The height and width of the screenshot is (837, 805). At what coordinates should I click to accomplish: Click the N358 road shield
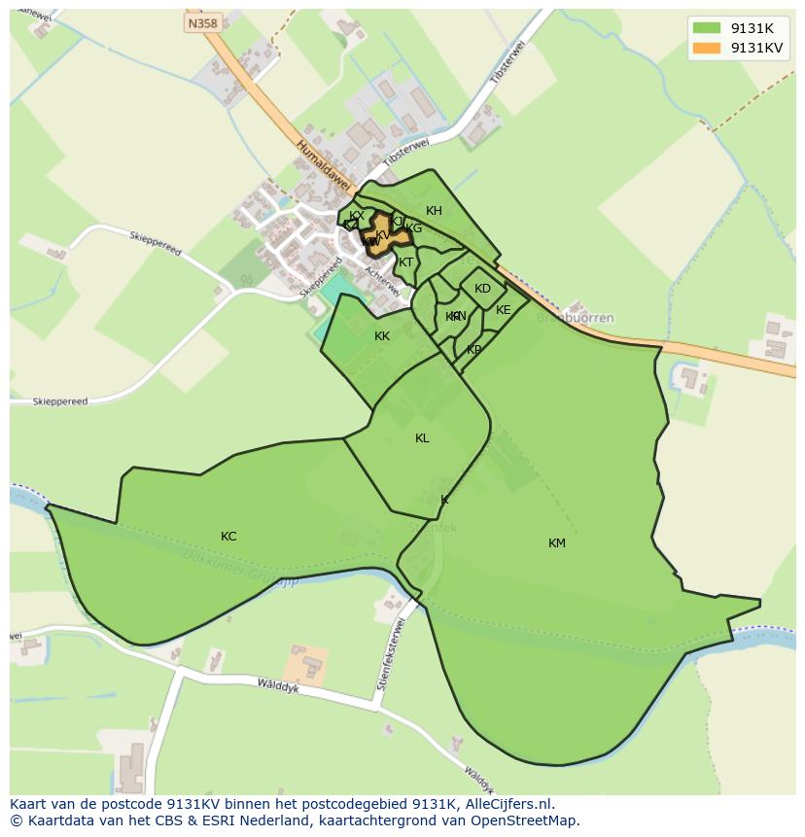coord(202,22)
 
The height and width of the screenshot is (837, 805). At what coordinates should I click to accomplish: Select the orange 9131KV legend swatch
coord(707,49)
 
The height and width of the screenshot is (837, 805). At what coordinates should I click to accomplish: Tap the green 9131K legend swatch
coord(707,29)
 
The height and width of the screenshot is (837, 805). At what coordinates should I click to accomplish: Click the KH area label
coord(434,211)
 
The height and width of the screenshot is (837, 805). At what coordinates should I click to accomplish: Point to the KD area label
coord(482,289)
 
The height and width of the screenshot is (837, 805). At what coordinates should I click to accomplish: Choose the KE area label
coord(503,310)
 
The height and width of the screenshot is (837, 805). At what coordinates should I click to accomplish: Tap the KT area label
coord(406,262)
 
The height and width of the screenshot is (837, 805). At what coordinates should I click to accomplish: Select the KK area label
coord(382,336)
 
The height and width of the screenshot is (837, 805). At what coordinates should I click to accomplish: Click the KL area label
coord(422,438)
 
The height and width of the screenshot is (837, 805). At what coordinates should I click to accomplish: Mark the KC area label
coord(228,537)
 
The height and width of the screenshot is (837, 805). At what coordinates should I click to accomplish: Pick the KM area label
coord(556,543)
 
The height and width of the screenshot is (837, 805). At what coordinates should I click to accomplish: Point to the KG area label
coord(414,229)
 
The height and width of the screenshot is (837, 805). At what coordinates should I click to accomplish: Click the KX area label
coord(357,216)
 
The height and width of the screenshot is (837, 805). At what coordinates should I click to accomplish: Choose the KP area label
coord(473,350)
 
